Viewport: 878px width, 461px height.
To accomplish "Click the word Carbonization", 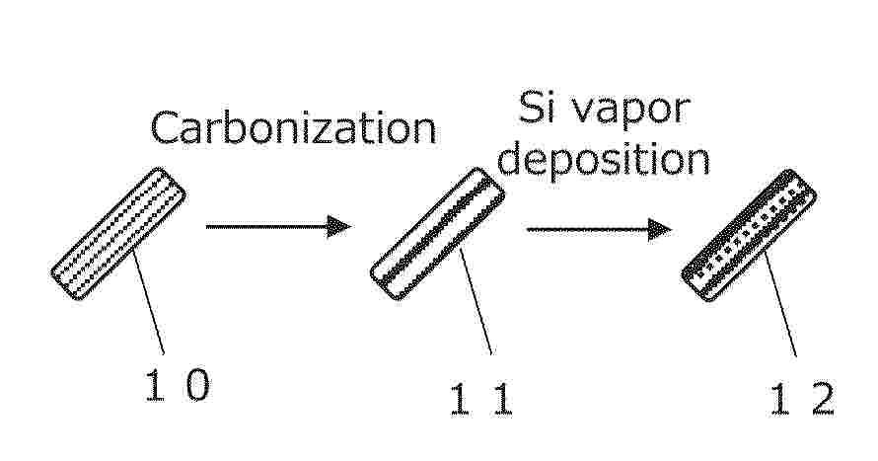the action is pyautogui.click(x=293, y=128).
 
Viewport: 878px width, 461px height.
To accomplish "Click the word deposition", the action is pyautogui.click(x=604, y=161).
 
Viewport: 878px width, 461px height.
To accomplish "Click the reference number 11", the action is pyautogui.click(x=482, y=399).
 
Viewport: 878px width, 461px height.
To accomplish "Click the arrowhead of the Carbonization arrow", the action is pyautogui.click(x=339, y=226).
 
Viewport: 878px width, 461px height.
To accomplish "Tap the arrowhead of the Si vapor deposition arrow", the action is pyautogui.click(x=660, y=230).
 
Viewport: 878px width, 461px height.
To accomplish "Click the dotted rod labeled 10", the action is pyautogui.click(x=118, y=234).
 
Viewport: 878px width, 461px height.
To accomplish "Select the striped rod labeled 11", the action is pyautogui.click(x=437, y=234).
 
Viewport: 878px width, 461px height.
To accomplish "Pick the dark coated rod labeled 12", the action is pyautogui.click(x=749, y=235).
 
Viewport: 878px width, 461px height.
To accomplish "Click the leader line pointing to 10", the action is pyautogui.click(x=148, y=301).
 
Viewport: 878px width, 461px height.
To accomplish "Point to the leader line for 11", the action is pyautogui.click(x=476, y=301).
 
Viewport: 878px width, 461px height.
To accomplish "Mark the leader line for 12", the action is pyautogui.click(x=780, y=303).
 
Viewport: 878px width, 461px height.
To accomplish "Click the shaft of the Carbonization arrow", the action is pyautogui.click(x=267, y=226).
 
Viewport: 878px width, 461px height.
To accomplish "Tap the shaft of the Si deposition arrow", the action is pyautogui.click(x=588, y=230).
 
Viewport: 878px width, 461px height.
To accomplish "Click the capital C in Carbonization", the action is pyautogui.click(x=163, y=127).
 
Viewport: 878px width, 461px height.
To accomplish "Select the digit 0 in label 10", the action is pyautogui.click(x=197, y=385).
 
